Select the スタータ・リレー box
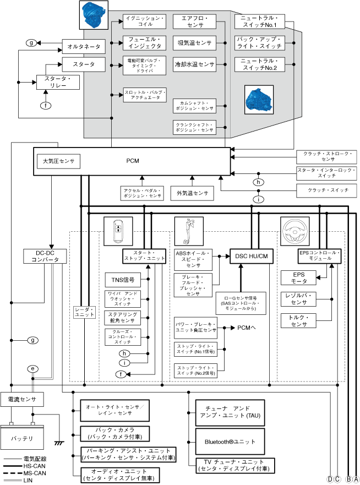(x=58, y=82)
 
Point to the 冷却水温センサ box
(x=194, y=64)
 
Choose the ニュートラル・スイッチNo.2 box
(x=259, y=64)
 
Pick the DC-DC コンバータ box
(x=45, y=256)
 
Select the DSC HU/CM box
(x=252, y=256)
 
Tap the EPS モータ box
(x=299, y=277)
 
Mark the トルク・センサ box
(x=299, y=321)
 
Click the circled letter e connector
(x=33, y=368)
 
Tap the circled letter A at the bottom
(x=356, y=479)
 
